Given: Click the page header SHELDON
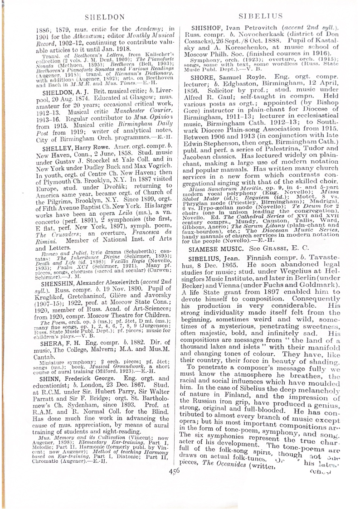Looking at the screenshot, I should [104, 17].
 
